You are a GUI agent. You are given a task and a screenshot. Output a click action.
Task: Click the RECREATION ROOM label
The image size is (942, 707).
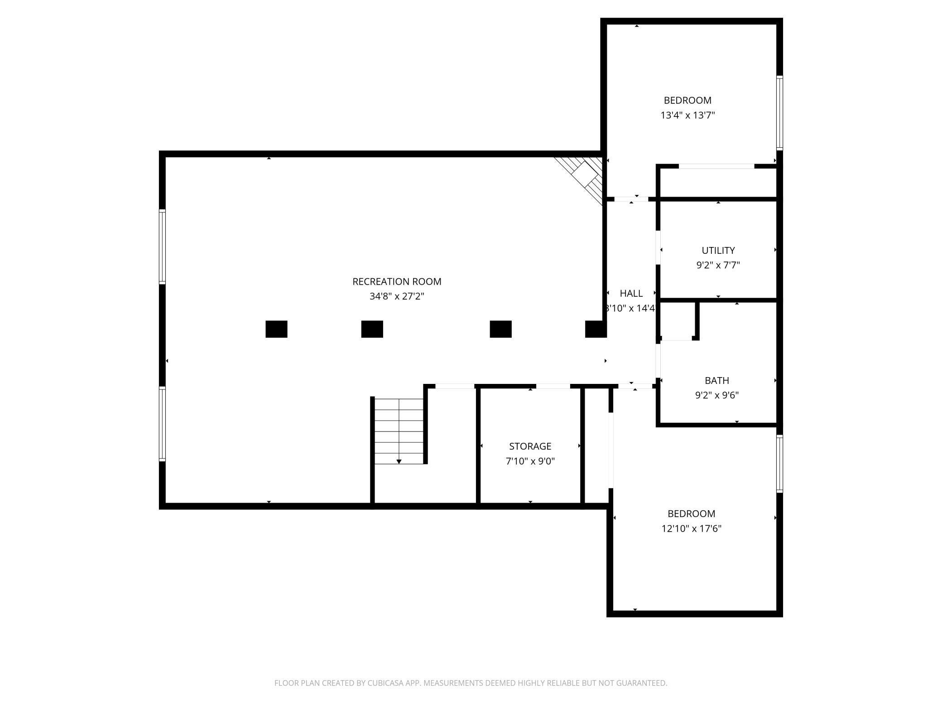pos(397,281)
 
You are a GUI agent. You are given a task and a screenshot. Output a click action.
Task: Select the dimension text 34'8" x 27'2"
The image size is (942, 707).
pos(397,296)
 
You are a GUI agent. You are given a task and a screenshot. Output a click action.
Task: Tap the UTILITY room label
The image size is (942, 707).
pos(718,250)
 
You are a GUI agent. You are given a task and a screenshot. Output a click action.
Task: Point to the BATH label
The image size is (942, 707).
pos(716,380)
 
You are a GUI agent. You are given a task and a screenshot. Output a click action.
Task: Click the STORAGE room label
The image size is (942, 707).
pos(530,446)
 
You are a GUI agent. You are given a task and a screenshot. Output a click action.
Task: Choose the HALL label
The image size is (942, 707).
pos(631,293)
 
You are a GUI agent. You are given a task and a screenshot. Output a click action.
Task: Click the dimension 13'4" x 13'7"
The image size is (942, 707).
pos(687,115)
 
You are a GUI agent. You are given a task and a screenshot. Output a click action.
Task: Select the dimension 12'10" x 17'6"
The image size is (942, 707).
pos(691,528)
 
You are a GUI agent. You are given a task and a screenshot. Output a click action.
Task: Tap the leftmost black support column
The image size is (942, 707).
pos(276,329)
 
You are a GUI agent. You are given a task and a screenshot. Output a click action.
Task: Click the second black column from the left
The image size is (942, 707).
pos(372,329)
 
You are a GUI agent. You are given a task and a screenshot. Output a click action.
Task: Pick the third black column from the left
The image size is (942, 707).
pos(500,329)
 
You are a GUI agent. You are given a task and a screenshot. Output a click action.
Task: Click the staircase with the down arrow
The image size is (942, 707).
pos(399,431)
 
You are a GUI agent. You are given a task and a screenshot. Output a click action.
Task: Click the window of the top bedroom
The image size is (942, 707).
pos(779,112)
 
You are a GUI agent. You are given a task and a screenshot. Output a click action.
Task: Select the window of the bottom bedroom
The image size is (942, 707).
pos(779,463)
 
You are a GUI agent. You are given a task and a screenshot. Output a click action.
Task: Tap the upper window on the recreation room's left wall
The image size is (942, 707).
pos(162,247)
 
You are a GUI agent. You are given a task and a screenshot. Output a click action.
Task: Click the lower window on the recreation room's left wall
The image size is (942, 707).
pos(162,424)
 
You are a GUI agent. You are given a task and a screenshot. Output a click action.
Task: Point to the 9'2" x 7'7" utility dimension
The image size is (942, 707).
pos(718,265)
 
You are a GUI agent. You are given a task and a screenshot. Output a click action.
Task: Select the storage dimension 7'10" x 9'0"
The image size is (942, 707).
pos(530,461)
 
